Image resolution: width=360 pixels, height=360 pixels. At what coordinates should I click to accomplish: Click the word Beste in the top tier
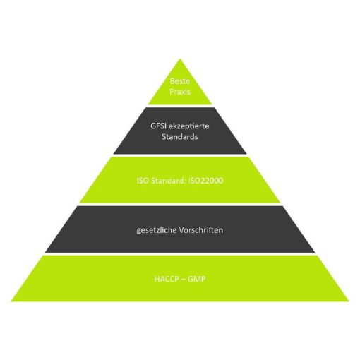pyautogui.click(x=180, y=81)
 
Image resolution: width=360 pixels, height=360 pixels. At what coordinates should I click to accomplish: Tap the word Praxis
pyautogui.click(x=180, y=92)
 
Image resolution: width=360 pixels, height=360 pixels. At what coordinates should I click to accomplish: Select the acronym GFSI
pyautogui.click(x=159, y=126)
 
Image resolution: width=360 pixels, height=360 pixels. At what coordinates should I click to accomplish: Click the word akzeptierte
pyautogui.click(x=189, y=126)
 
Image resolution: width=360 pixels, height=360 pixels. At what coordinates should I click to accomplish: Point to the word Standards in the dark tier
pyautogui.click(x=180, y=137)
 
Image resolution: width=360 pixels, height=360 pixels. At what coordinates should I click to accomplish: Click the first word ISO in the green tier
pyautogui.click(x=143, y=181)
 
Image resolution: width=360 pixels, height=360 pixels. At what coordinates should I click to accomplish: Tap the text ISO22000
pyautogui.click(x=205, y=181)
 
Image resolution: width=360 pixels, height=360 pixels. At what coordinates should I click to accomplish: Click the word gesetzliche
pyautogui.click(x=157, y=230)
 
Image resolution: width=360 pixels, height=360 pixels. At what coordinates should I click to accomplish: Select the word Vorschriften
pyautogui.click(x=201, y=230)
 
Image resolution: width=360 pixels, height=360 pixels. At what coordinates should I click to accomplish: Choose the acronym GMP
pyautogui.click(x=196, y=279)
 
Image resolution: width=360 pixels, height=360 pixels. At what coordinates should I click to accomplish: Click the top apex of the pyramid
pyautogui.click(x=180, y=59)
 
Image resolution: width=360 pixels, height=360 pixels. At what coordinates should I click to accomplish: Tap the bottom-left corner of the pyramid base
pyautogui.click(x=11, y=301)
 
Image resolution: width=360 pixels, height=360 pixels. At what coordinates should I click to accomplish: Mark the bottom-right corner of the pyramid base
pyautogui.click(x=349, y=301)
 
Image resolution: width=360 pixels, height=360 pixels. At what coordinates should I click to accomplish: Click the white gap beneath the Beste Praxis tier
pyautogui.click(x=180, y=106)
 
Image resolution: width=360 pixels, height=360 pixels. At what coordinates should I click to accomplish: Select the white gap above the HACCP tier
pyautogui.click(x=180, y=254)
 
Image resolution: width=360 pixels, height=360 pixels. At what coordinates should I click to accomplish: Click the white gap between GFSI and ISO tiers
pyautogui.click(x=180, y=155)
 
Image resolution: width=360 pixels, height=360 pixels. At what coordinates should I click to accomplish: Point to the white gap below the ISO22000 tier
pyautogui.click(x=180, y=205)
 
